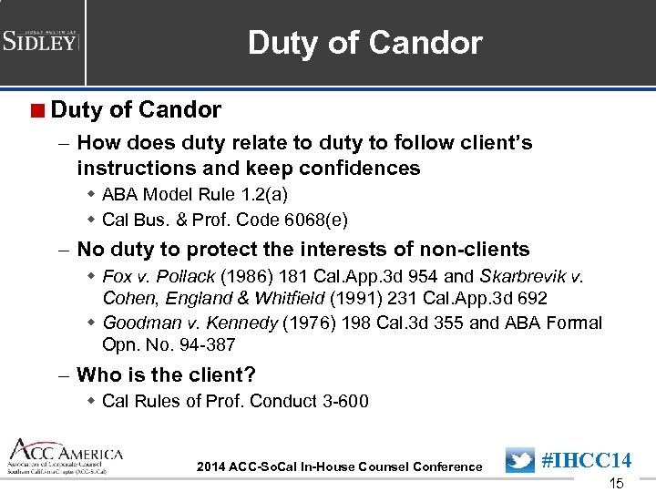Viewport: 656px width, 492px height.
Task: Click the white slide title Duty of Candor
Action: click(364, 43)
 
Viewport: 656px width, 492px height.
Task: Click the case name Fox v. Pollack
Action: click(159, 276)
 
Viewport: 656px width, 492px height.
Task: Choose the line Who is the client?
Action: click(166, 374)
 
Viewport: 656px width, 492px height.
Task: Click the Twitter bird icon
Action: click(519, 460)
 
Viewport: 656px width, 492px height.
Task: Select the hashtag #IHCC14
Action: click(587, 460)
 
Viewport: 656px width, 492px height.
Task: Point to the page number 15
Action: click(616, 484)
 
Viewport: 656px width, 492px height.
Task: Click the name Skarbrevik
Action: click(529, 276)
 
